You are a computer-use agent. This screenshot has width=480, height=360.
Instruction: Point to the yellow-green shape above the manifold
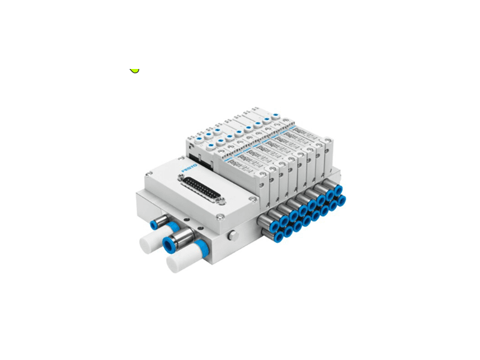[134, 70]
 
